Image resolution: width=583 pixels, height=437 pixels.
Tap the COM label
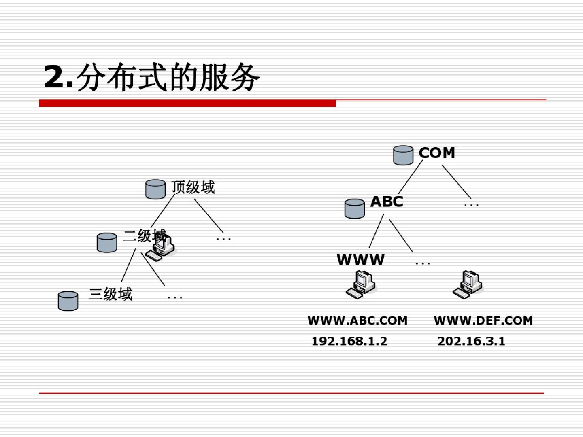pyautogui.click(x=437, y=153)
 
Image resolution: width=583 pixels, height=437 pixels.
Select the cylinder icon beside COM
pyautogui.click(x=403, y=155)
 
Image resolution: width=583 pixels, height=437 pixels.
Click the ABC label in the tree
pyautogui.click(x=387, y=202)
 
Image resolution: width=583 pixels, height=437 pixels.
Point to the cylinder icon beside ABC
pyautogui.click(x=355, y=208)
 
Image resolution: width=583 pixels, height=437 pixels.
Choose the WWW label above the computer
pyautogui.click(x=360, y=260)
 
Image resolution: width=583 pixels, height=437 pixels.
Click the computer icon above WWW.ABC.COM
pyautogui.click(x=361, y=284)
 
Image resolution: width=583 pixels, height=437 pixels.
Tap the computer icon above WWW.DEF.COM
pyautogui.click(x=468, y=284)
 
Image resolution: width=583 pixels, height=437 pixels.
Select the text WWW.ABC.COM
pyautogui.click(x=357, y=320)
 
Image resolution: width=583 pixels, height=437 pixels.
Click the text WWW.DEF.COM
pyautogui.click(x=483, y=320)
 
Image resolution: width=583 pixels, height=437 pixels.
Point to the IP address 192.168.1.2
pyautogui.click(x=349, y=341)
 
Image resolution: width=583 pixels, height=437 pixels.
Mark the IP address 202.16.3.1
pyautogui.click(x=471, y=341)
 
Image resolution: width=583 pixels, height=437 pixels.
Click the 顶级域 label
pyautogui.click(x=193, y=187)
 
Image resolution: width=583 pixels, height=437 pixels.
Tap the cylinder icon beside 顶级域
pyautogui.click(x=155, y=189)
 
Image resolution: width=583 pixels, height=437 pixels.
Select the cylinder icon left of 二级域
pyautogui.click(x=107, y=242)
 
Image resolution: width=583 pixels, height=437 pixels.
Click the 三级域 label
pyautogui.click(x=111, y=294)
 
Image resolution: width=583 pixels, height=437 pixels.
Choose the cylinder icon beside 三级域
pyautogui.click(x=68, y=301)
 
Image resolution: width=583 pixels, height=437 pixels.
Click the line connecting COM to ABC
pyautogui.click(x=410, y=177)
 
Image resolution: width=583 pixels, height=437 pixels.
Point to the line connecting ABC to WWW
pyautogui.click(x=376, y=231)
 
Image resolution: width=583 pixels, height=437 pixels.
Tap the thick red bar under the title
pyautogui.click(x=187, y=104)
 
